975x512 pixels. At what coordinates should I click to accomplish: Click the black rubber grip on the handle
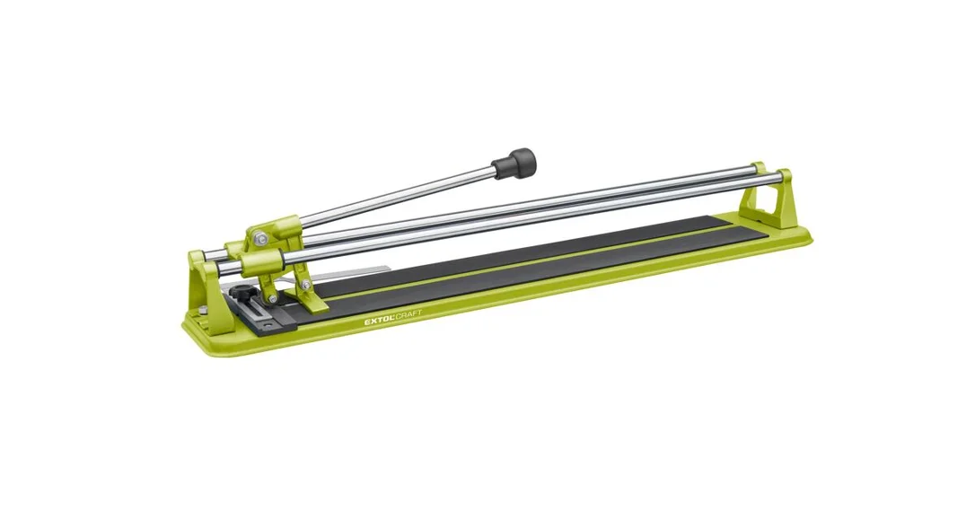click(514, 163)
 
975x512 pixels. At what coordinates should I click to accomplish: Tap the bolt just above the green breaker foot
click(305, 286)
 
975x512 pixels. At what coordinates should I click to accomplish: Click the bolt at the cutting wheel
click(271, 301)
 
